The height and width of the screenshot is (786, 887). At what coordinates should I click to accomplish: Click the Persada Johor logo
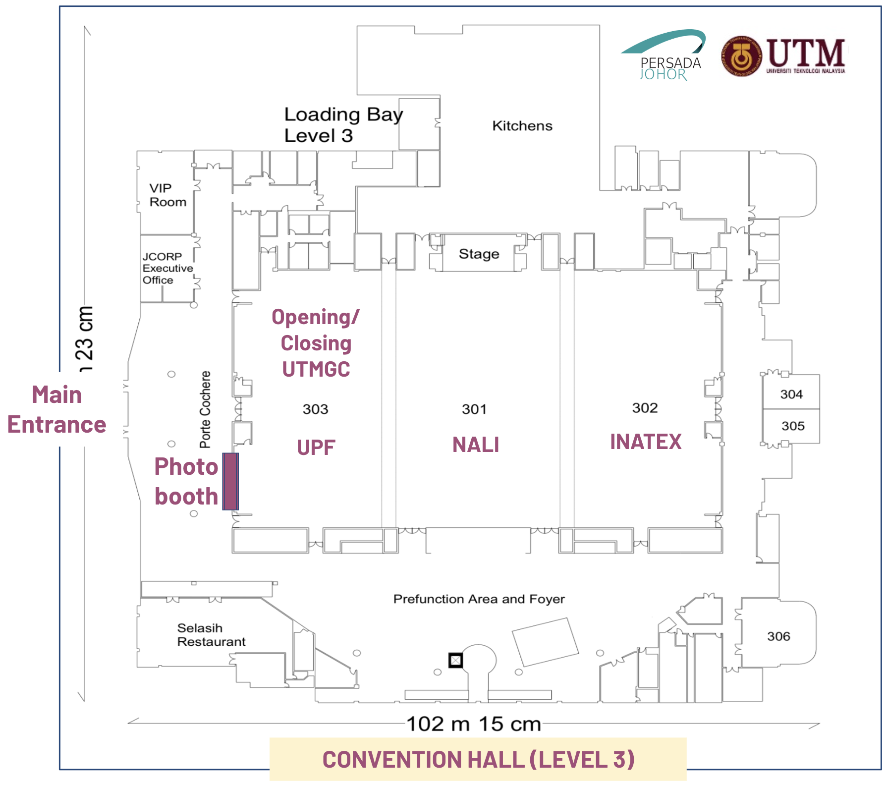[664, 56]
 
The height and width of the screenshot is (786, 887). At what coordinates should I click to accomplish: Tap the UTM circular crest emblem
[741, 56]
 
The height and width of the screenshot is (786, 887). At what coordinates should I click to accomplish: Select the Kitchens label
[522, 126]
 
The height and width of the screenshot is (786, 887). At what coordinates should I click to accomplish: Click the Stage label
[479, 254]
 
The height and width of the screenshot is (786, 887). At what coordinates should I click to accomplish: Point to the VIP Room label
[167, 195]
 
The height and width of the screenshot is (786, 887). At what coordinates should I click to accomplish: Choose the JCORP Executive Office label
[167, 268]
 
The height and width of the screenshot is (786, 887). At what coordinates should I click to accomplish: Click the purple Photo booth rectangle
[230, 481]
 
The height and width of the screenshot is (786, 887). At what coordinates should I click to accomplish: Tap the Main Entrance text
[56, 410]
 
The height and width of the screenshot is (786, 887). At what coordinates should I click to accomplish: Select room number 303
[315, 409]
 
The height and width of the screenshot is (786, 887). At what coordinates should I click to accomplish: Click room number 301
[474, 409]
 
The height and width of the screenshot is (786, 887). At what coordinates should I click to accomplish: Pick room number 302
[645, 408]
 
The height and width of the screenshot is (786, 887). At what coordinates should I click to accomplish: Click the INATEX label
[646, 442]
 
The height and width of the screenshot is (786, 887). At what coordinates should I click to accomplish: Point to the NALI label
[476, 445]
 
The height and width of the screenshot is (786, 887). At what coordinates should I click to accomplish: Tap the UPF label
[316, 448]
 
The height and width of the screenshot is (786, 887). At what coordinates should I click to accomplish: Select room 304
[791, 394]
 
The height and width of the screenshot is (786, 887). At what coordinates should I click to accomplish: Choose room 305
[793, 426]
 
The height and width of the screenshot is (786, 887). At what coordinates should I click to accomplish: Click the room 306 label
[778, 636]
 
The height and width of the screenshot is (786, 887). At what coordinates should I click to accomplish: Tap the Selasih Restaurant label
[211, 635]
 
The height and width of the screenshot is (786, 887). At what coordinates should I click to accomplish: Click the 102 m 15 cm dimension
[473, 724]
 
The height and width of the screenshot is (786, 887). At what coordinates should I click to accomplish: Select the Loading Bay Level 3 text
[343, 125]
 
